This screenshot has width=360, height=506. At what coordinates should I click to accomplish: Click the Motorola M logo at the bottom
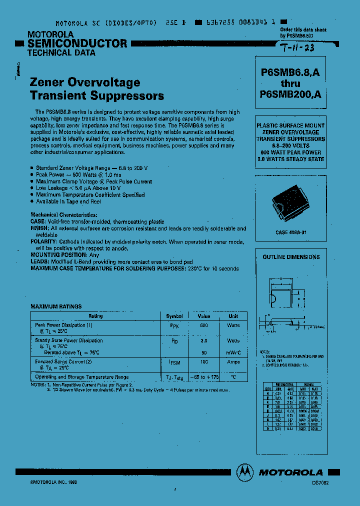[x=245, y=471]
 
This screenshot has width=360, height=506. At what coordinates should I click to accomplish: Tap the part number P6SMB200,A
[x=290, y=93]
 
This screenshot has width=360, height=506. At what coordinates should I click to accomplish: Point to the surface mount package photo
[x=290, y=205]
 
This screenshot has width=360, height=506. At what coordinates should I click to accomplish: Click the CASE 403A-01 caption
[x=290, y=232]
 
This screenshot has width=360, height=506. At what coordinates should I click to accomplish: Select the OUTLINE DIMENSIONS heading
[x=291, y=257]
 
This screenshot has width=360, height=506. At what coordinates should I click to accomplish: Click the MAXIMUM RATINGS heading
[x=56, y=306]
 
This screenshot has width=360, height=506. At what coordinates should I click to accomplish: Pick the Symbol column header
[x=174, y=316]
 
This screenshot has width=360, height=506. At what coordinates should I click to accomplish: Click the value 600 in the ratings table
[x=204, y=325]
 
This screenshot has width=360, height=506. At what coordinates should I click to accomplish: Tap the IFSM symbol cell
[x=174, y=362]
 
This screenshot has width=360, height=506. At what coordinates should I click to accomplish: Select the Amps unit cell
[x=233, y=361]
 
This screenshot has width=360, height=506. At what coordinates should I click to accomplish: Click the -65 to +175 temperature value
[x=204, y=377]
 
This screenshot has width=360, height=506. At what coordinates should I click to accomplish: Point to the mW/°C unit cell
[x=233, y=352]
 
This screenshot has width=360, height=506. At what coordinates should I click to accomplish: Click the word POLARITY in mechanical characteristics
[x=44, y=241]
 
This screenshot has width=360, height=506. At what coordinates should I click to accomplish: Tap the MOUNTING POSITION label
[x=58, y=255]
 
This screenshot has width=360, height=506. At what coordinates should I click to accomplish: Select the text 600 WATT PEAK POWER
[x=290, y=152]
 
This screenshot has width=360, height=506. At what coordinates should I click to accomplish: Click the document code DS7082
[x=320, y=483]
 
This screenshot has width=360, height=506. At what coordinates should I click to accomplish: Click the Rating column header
[x=95, y=316]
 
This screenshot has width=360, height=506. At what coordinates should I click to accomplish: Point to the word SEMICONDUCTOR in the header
[x=77, y=43]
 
